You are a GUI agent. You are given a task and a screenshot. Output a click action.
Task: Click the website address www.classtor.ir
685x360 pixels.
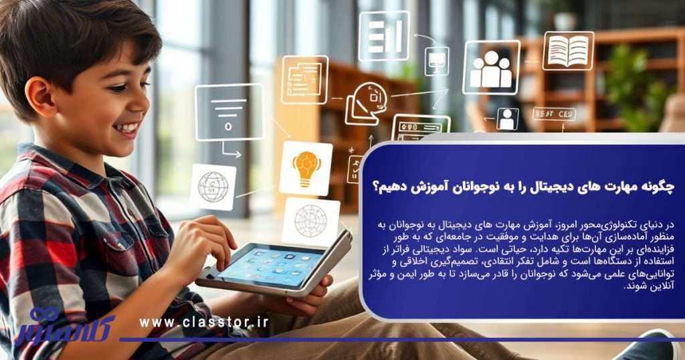point(204,322)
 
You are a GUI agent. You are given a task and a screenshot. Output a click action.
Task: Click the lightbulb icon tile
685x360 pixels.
point(306,167)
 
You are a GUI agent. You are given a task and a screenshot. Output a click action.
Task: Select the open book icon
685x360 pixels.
point(568,51)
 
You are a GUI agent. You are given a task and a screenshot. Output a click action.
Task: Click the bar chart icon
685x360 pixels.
point(383,35)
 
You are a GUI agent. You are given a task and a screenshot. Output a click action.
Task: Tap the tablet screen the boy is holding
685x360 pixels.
point(271,262)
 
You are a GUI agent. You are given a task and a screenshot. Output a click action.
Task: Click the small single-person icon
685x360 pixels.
point(507,118)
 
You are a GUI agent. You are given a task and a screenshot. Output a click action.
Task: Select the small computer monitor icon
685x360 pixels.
point(436,61)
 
